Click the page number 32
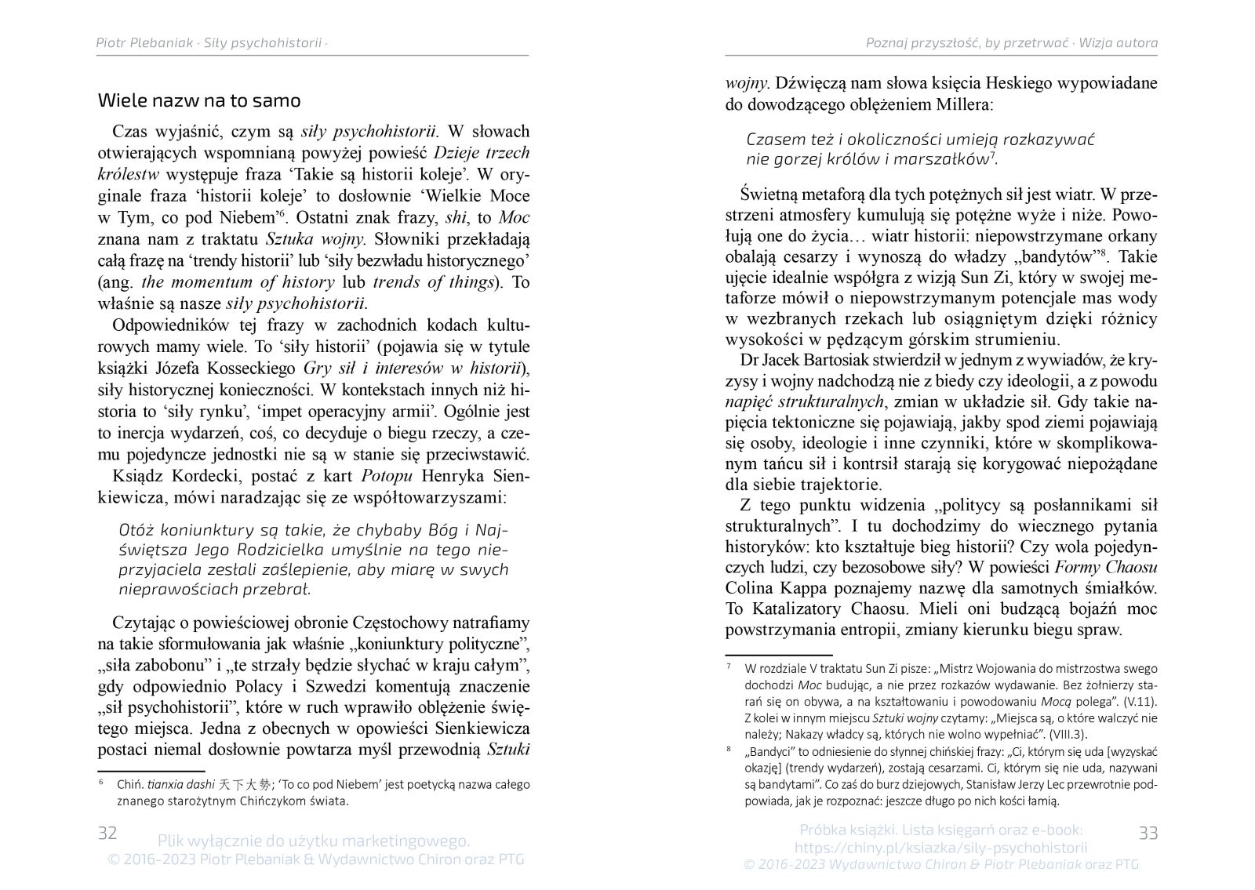click(107, 832)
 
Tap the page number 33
click(1148, 833)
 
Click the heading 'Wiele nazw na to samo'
click(199, 100)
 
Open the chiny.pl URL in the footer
click(940, 847)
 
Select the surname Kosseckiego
click(256, 369)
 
